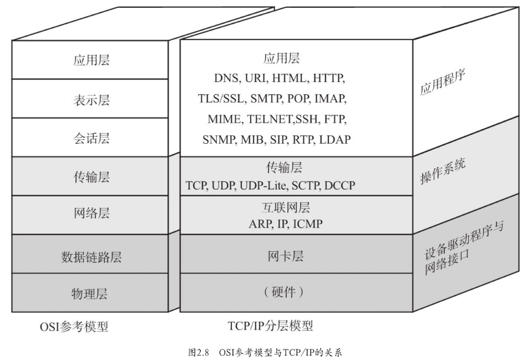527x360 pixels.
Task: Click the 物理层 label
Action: click(x=91, y=293)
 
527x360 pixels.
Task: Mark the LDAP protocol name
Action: click(x=335, y=139)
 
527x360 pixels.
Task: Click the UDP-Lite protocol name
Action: click(x=260, y=185)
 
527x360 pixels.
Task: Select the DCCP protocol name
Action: click(x=339, y=185)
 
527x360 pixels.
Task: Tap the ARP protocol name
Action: click(x=259, y=224)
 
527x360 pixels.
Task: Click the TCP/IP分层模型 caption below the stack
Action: click(x=274, y=324)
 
